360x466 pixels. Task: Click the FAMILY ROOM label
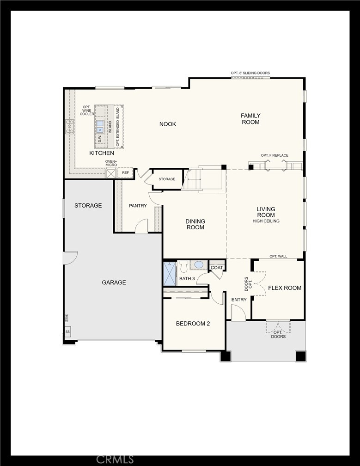pyautogui.click(x=250, y=119)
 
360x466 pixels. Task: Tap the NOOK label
pyautogui.click(x=168, y=124)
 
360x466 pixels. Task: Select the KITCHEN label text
pyautogui.click(x=102, y=153)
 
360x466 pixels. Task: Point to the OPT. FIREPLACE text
pyautogui.click(x=275, y=155)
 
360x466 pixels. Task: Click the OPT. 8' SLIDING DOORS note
pyautogui.click(x=250, y=73)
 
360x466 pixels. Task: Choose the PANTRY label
pyautogui.click(x=138, y=206)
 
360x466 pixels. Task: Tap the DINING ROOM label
pyautogui.click(x=195, y=224)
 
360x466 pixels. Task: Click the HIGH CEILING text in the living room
pyautogui.click(x=266, y=221)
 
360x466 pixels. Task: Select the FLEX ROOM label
pyautogui.click(x=285, y=288)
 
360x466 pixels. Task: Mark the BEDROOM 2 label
pyautogui.click(x=193, y=324)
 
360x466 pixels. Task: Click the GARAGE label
pyautogui.click(x=114, y=282)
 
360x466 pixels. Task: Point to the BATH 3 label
pyautogui.click(x=187, y=279)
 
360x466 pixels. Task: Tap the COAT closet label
pyautogui.click(x=217, y=268)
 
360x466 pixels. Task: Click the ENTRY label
pyautogui.click(x=239, y=300)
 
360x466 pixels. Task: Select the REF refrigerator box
pyautogui.click(x=125, y=173)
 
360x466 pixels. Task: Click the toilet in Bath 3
pyautogui.click(x=183, y=266)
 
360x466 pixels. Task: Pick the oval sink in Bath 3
pyautogui.click(x=199, y=265)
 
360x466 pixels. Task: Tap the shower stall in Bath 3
pyautogui.click(x=170, y=275)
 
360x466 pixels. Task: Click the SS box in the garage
pyautogui.click(x=67, y=331)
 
